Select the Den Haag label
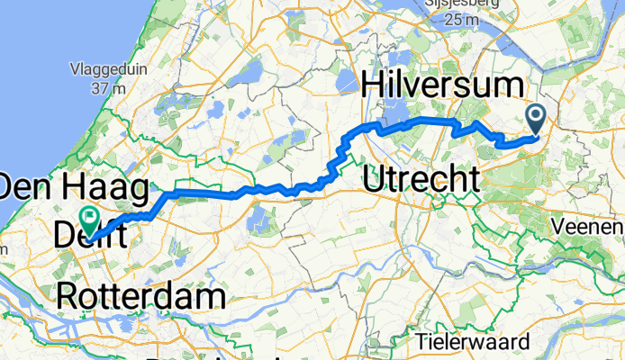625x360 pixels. [x=74, y=190]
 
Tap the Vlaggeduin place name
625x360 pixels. [x=106, y=69]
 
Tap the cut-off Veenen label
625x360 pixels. [x=595, y=226]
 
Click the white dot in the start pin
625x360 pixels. [x=536, y=115]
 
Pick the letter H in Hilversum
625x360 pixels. [x=373, y=88]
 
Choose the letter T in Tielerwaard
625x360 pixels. [x=421, y=341]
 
